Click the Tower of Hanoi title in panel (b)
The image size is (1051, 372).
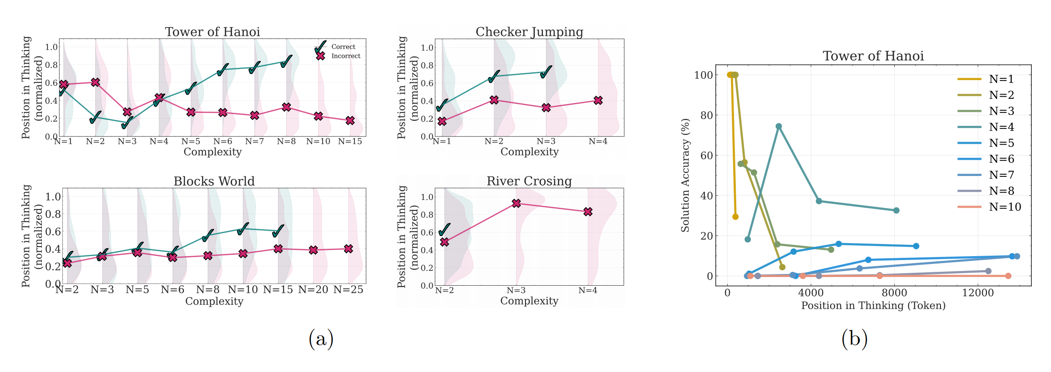[x=873, y=56]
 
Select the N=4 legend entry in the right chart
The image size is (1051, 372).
[x=1001, y=127]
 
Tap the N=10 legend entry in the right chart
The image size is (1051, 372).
[x=1004, y=207]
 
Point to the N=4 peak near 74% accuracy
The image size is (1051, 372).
[x=778, y=127]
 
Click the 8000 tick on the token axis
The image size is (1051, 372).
[x=894, y=293]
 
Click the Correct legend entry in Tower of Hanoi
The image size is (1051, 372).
[x=343, y=47]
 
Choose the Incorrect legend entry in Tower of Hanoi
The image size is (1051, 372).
[x=346, y=56]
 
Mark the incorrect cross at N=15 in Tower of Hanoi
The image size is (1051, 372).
[x=350, y=121]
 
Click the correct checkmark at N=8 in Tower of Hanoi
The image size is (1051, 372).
[x=286, y=61]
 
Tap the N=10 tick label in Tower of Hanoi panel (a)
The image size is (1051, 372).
[x=318, y=142]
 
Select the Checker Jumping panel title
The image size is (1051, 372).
[x=529, y=32]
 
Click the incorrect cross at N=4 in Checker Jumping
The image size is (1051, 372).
[x=598, y=101]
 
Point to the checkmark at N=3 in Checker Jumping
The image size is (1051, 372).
[x=546, y=72]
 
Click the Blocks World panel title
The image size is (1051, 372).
[x=214, y=181]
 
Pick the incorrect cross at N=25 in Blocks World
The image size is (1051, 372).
[x=348, y=249]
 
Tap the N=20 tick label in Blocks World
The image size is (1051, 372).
[x=313, y=290]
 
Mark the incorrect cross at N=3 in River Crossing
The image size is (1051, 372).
[x=516, y=203]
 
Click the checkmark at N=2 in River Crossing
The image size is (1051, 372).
[x=444, y=230]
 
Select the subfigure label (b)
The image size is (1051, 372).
[x=854, y=339]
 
